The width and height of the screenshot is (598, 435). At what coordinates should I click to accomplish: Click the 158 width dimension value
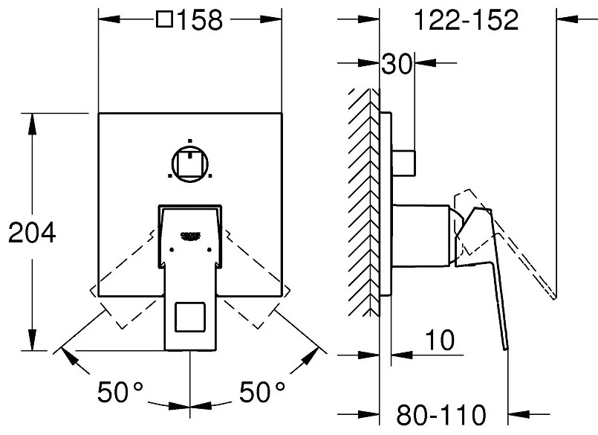point(200,20)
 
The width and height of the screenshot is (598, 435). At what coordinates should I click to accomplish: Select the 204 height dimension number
point(32,233)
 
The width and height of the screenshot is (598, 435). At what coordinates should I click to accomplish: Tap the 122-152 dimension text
point(466,20)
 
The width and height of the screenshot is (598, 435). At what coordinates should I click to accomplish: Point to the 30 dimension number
point(397,63)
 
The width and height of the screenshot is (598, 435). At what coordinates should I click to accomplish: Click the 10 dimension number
point(440,340)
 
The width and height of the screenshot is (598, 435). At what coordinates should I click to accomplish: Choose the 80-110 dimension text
point(441,415)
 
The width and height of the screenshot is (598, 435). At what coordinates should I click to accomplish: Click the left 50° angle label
point(120,391)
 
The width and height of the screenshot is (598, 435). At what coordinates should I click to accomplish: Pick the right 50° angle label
point(262,391)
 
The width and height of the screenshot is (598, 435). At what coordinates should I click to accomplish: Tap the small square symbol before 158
point(165,19)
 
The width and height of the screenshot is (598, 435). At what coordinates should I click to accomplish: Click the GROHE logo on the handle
point(190,236)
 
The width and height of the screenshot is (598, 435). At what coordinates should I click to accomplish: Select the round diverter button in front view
point(190,164)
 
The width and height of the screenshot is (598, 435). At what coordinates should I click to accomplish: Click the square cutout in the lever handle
point(190,317)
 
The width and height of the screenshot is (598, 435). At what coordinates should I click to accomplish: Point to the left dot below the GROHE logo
point(172,250)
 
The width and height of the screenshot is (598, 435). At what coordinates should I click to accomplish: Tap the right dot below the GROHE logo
point(209,250)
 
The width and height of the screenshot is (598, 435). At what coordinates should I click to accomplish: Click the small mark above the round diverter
point(190,141)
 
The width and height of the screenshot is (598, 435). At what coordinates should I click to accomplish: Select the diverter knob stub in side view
point(404,163)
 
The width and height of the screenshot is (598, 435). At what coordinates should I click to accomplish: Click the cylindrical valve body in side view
point(420,235)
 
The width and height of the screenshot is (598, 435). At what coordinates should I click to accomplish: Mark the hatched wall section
point(363,202)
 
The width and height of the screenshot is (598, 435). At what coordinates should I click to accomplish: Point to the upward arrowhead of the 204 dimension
point(32,123)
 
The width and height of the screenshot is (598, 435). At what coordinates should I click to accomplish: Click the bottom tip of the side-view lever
point(507,349)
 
